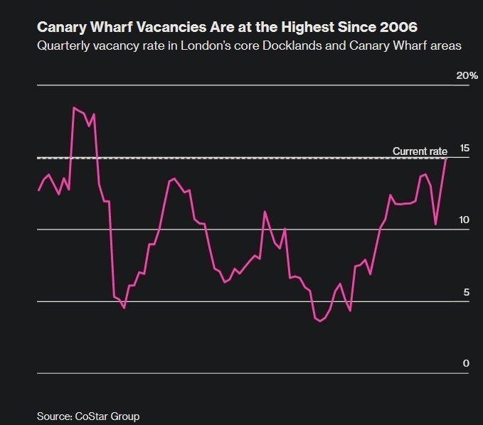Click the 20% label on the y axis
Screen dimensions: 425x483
(x=467, y=75)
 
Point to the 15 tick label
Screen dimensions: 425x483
(x=465, y=148)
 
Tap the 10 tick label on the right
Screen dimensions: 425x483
(x=465, y=220)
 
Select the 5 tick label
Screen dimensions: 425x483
(x=466, y=292)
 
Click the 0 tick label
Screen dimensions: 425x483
(x=466, y=363)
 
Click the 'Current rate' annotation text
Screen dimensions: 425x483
(x=420, y=151)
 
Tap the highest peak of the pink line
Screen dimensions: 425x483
(x=74, y=107)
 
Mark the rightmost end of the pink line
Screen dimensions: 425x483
(x=446, y=158)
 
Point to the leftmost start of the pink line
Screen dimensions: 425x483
(x=38, y=190)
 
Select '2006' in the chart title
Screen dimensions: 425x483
(x=398, y=28)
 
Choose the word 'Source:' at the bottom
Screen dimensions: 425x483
(x=54, y=416)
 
